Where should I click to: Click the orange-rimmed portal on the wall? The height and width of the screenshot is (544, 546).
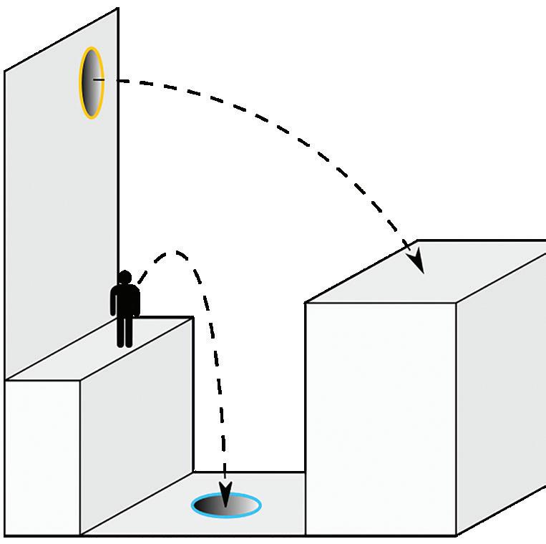coord(91,82)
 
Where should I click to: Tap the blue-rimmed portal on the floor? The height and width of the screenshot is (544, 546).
coord(226,505)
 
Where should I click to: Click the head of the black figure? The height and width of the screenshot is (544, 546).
coord(125,277)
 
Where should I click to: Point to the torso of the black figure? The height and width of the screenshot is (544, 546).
coord(125,300)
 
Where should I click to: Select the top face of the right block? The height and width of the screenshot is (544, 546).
coord(429,272)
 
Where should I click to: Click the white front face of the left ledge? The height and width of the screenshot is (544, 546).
coord(42,458)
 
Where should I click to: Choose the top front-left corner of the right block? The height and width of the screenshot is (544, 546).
coord(306,303)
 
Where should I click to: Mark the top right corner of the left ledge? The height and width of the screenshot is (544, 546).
coord(192,318)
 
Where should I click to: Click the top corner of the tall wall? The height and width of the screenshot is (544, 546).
coord(118,9)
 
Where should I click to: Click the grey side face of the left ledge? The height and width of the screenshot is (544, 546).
coord(136,422)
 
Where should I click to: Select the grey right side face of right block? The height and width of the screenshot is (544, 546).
coord(501,387)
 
